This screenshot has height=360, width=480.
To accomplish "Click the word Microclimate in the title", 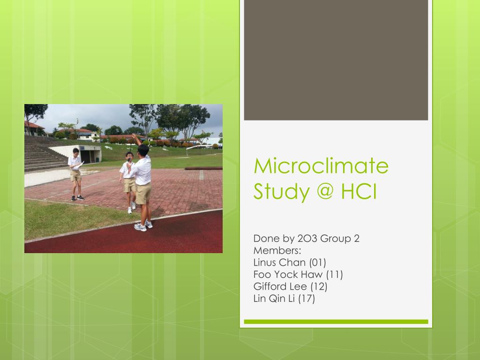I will tap(321, 166).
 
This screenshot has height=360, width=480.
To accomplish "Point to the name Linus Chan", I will tap(279, 262).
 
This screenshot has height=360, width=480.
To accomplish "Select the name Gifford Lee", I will tap(280, 286).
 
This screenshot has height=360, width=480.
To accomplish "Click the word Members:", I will tap(277, 250).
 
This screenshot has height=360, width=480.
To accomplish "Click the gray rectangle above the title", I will tap(336, 60).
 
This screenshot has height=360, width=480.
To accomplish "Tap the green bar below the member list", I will tap(336, 322).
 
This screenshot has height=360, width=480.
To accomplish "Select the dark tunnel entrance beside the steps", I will tap(87, 156).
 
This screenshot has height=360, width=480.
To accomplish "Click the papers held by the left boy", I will tap(81, 164).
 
